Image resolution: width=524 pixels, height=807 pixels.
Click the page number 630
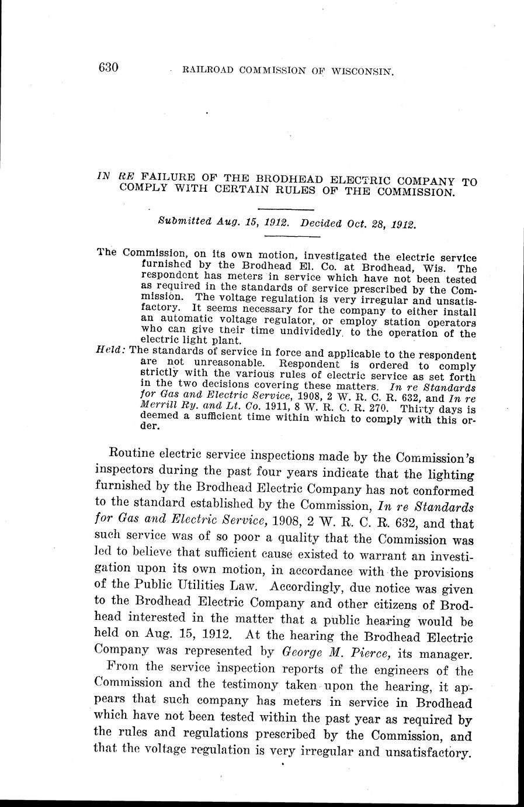point(109,68)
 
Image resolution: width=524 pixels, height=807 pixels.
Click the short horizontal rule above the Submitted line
point(286,209)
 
